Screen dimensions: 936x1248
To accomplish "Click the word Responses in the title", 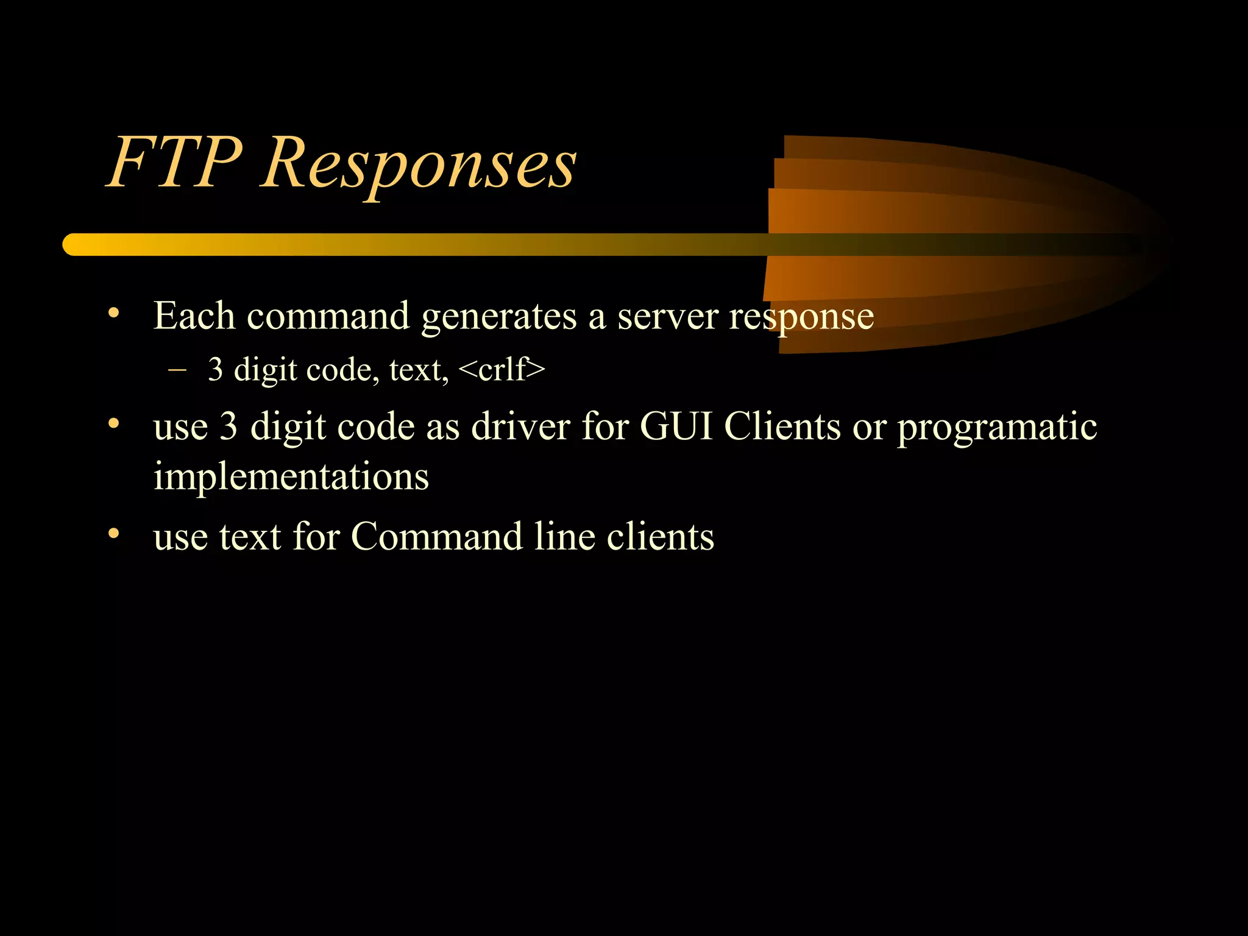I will [419, 165].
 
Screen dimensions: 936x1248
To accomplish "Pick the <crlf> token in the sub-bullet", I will [501, 369].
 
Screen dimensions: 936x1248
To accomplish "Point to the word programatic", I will [997, 428].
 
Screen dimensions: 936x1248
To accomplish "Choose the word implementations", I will [291, 477].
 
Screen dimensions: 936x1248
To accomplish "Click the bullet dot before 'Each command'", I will [113, 313].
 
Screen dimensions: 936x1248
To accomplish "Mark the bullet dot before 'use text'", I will [113, 534].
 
